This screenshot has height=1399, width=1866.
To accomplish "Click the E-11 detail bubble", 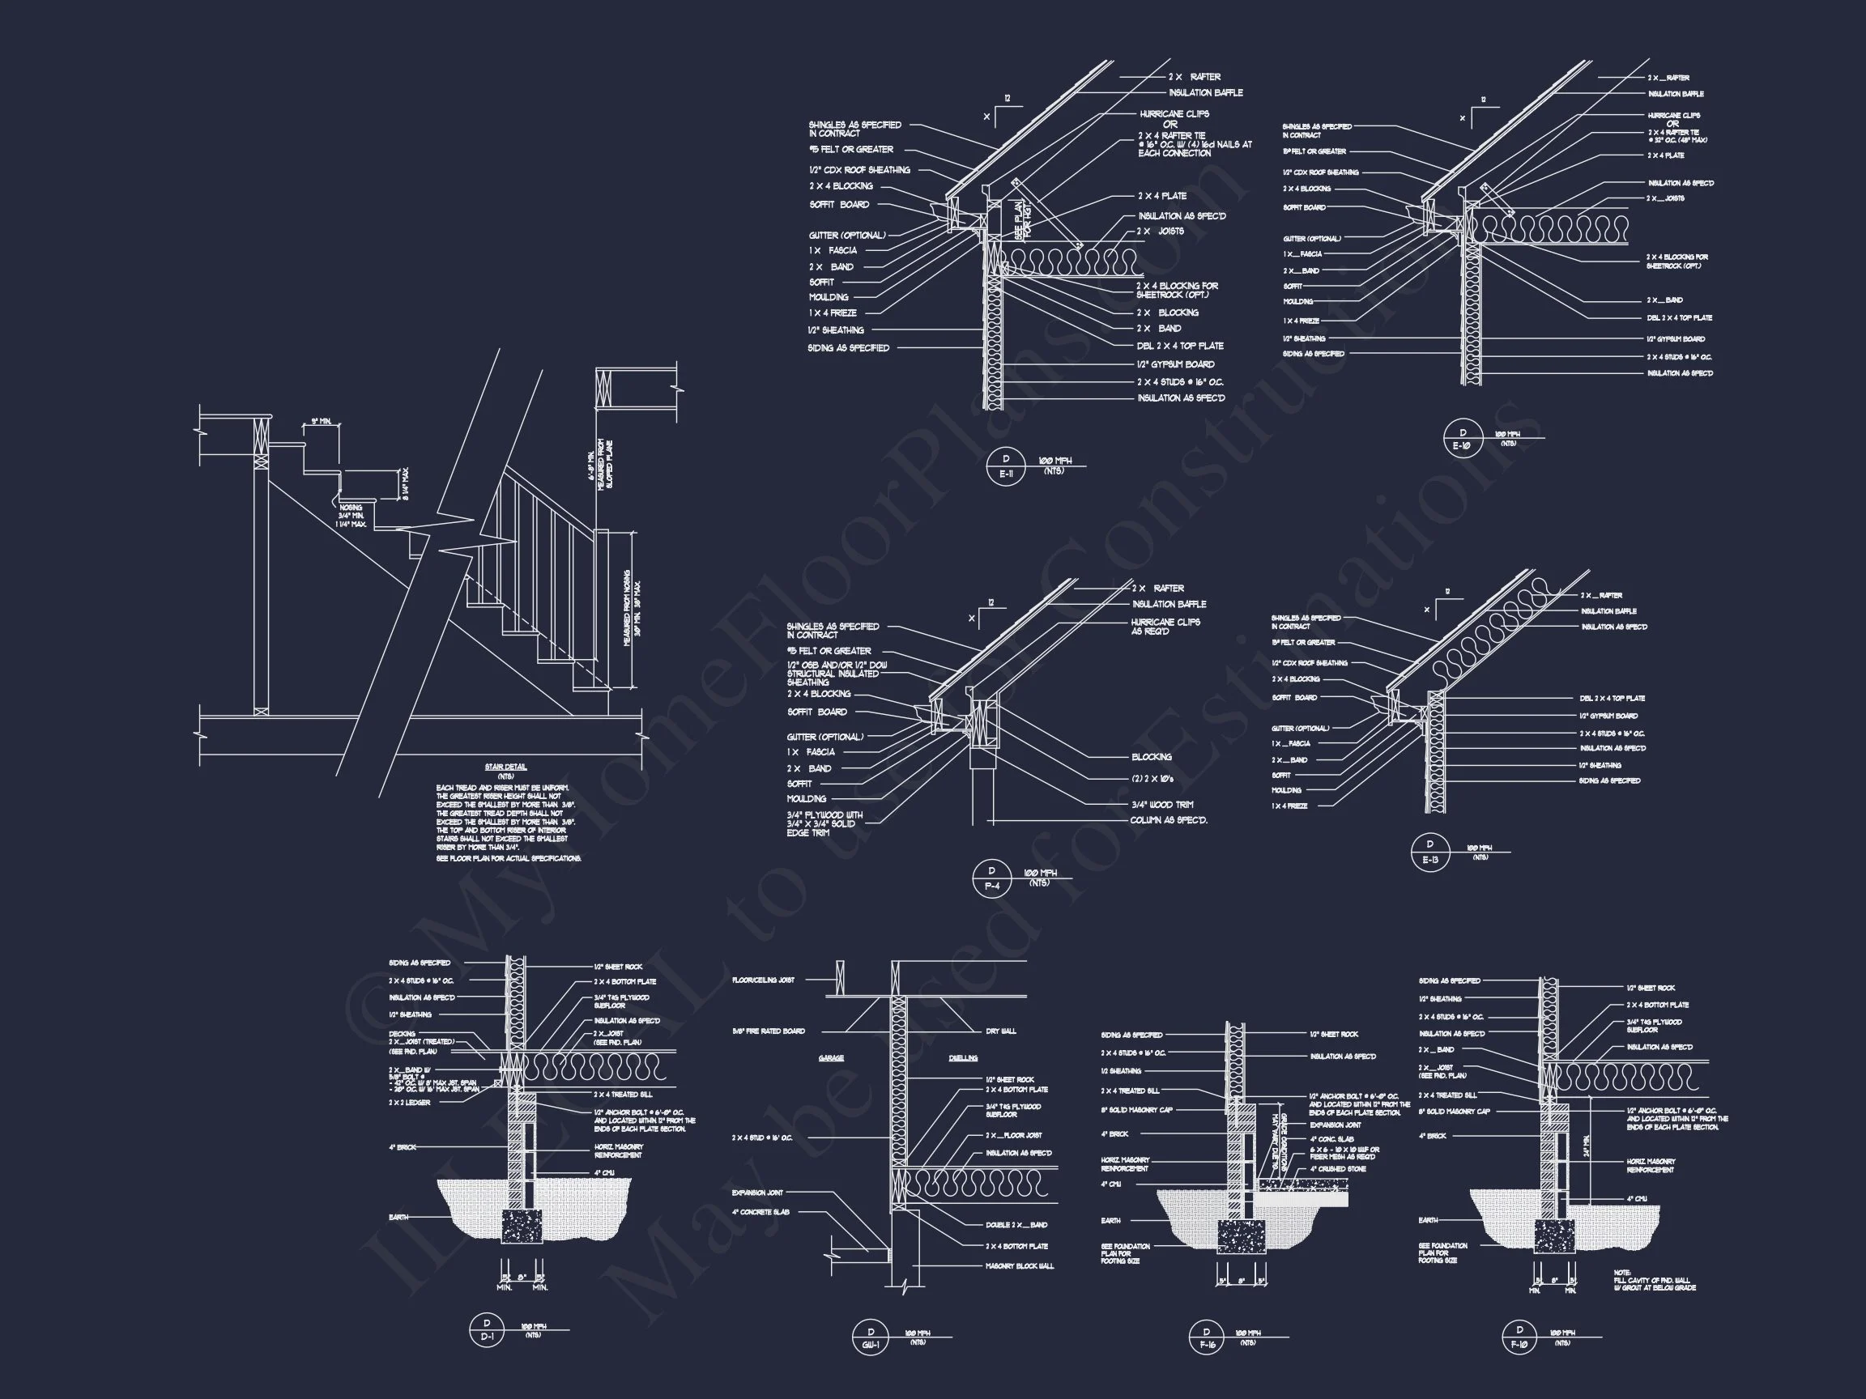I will pos(1006,466).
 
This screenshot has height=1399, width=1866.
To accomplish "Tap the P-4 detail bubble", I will pos(992,878).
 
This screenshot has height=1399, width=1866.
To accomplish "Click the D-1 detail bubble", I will pos(488,1331).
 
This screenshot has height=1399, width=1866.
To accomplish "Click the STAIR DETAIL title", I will pos(506,768).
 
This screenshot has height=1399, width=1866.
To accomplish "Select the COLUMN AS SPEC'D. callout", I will pos(1169,819).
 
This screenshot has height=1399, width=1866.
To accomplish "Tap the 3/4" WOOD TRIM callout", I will pos(1161,805).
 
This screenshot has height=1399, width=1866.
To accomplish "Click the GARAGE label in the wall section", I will pos(831,1057).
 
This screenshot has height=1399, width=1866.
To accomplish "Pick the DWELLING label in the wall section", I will pos(962,1057).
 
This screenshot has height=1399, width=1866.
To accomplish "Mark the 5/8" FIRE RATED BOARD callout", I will pos(769,1031).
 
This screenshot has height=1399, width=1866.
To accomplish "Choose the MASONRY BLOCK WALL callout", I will pos(1020,1265).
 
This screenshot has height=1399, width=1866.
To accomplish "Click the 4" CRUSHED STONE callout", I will pos(1338,1169).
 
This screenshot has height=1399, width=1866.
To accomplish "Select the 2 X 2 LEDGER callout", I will pos(410,1103).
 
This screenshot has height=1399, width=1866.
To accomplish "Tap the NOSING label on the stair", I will pos(351,508).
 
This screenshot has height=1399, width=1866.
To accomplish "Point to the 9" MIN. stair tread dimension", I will pos(321,421).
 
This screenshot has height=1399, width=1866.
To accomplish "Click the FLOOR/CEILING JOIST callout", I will pos(764,980).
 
